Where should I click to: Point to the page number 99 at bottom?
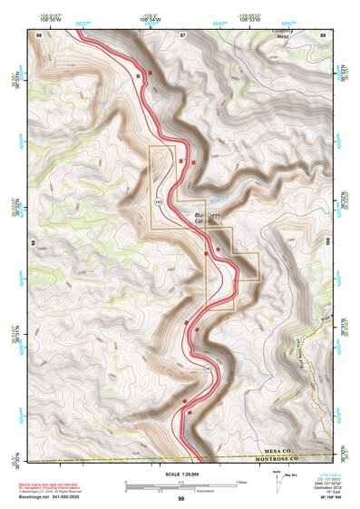(x=181, y=499)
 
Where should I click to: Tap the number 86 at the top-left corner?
(x=39, y=34)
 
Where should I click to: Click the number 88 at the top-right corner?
(x=324, y=34)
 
